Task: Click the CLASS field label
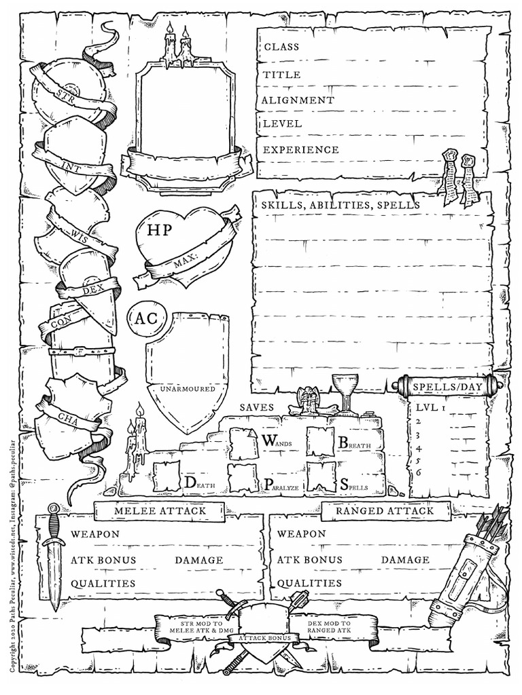click(x=281, y=47)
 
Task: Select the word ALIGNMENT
click(x=298, y=100)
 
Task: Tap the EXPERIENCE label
click(x=300, y=149)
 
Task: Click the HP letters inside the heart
click(x=160, y=229)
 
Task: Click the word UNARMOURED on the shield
click(x=187, y=389)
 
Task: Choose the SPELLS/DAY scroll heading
click(x=448, y=387)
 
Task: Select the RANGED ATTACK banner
click(x=384, y=510)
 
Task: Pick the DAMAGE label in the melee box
click(x=198, y=560)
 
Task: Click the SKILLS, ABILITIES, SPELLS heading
click(x=340, y=204)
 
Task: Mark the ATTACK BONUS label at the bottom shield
click(x=264, y=638)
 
